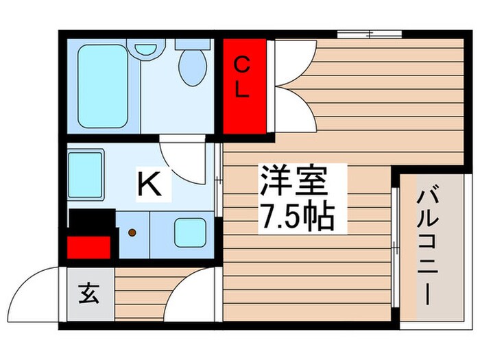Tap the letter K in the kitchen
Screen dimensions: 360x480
point(150,184)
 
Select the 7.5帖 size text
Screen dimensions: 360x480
point(296,217)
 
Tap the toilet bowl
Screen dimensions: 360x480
point(192,67)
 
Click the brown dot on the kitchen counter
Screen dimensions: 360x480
point(132,232)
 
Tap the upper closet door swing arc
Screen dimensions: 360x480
point(295,60)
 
